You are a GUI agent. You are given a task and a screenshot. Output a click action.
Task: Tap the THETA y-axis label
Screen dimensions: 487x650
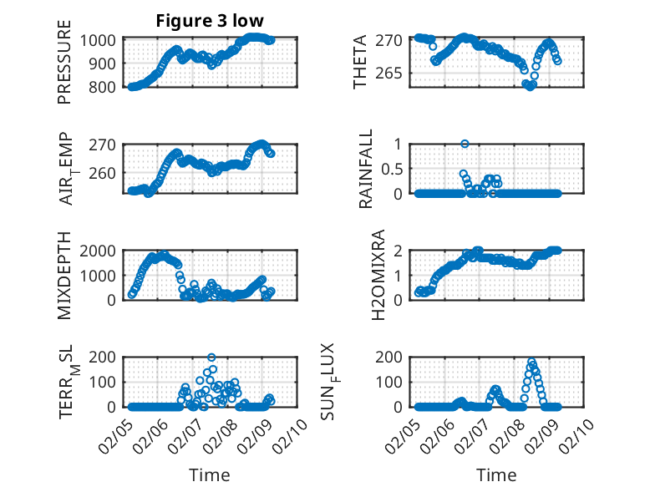tap(360, 63)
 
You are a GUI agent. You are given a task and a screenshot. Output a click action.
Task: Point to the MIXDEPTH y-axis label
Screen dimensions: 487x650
tap(64, 275)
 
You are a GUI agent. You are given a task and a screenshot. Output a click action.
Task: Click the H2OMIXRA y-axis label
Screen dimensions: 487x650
tap(355, 275)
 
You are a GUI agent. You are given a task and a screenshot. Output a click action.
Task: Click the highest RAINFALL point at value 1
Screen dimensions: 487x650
tap(465, 144)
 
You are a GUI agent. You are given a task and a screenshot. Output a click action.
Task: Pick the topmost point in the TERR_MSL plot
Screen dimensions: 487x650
tap(211, 358)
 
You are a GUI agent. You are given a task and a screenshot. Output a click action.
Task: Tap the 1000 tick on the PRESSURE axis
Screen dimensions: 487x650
tap(102, 39)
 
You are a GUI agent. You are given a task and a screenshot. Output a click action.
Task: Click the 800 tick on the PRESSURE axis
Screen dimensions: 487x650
tap(106, 87)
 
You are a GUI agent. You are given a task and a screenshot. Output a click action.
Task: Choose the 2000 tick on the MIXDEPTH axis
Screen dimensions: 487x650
tap(102, 251)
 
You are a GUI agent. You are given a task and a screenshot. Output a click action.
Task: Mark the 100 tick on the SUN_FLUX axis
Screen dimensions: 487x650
tap(397, 382)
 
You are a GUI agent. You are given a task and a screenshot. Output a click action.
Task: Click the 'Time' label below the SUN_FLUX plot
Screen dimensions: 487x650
tap(496, 475)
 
